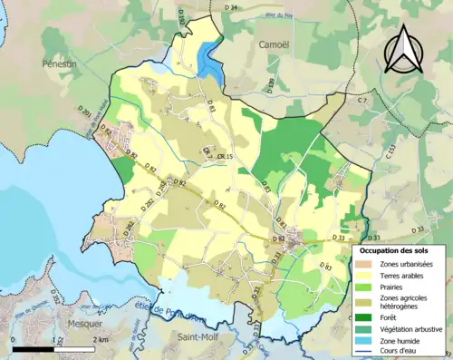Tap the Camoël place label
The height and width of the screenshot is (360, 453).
pyautogui.click(x=275, y=43)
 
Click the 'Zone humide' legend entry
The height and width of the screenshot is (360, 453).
pyautogui.click(x=400, y=340)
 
